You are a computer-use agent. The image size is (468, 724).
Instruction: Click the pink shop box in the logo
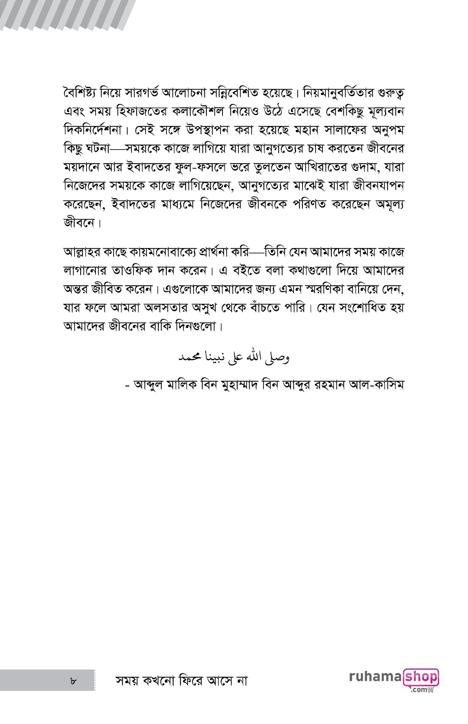pyautogui.click(x=420, y=677)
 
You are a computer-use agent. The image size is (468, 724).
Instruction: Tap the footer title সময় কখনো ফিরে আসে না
pyautogui.click(x=182, y=680)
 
